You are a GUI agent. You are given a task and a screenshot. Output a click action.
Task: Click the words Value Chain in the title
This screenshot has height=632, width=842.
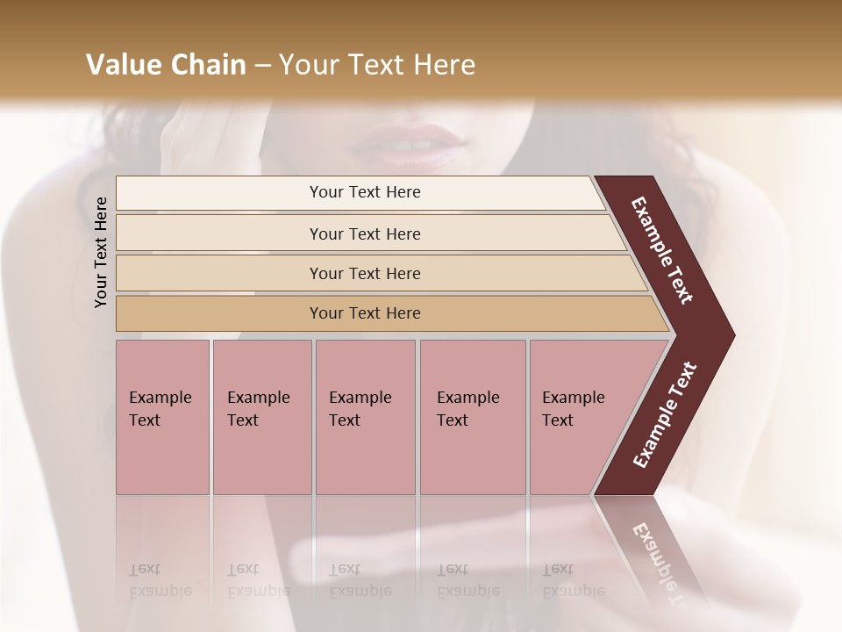click(166, 65)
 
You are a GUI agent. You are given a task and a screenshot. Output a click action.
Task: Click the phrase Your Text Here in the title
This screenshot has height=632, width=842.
click(377, 65)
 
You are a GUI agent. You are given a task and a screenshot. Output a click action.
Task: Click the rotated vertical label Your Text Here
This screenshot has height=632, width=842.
click(102, 252)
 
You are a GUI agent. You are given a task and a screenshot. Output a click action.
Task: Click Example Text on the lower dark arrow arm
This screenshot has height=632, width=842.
click(665, 415)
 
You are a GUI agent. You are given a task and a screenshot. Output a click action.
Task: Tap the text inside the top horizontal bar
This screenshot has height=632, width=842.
click(365, 192)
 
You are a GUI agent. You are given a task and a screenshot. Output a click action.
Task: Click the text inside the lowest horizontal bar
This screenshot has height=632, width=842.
click(365, 313)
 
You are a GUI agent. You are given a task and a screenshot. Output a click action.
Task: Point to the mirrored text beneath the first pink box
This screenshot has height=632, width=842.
click(160, 581)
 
